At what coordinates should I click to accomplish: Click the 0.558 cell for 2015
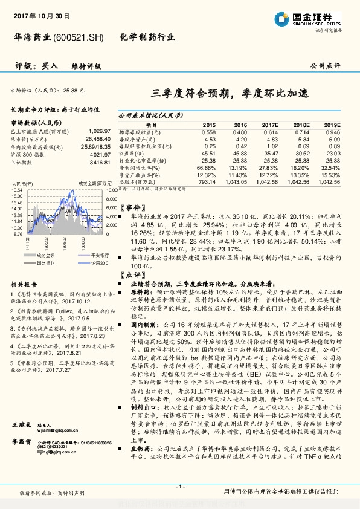(x=208, y=131)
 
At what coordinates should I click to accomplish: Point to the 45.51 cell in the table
(x=208, y=154)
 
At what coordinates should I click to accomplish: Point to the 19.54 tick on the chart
(x=18, y=190)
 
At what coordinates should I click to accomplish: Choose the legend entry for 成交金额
(x=45, y=257)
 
